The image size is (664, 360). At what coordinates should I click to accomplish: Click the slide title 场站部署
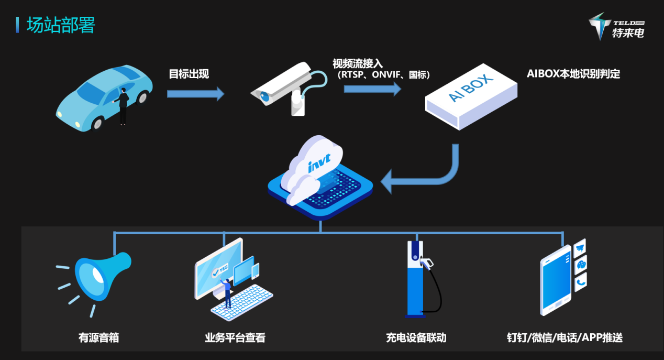61,25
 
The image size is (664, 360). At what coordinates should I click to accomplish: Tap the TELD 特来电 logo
616,27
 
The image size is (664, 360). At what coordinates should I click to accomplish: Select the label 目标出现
189,74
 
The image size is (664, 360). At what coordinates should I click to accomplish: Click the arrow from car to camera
195,94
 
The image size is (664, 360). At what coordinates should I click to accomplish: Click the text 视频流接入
358,63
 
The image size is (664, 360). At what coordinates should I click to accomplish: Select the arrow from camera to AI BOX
372,88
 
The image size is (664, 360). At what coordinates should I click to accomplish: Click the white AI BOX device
471,96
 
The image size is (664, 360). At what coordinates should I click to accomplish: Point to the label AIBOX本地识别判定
573,74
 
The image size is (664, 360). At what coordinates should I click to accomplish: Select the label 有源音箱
98,337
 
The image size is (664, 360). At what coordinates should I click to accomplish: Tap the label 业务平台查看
235,337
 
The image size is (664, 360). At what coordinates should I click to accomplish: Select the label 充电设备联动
416,337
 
